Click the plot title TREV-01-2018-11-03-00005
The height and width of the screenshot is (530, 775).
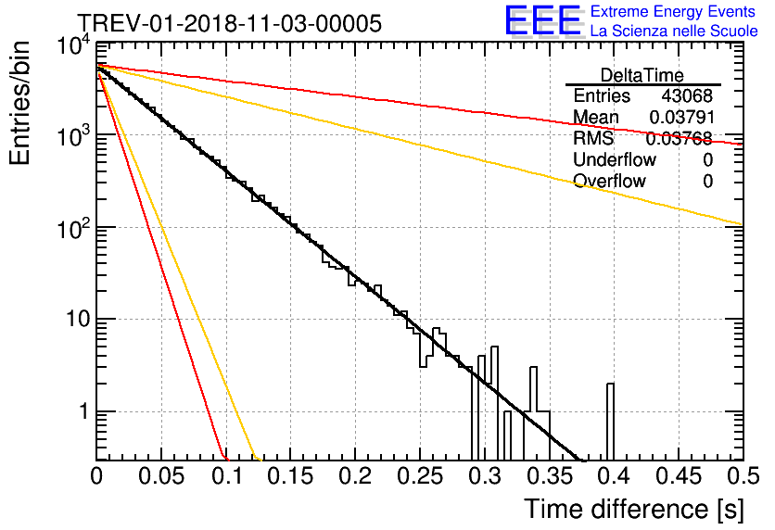click(x=230, y=23)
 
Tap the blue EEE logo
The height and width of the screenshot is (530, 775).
click(x=542, y=20)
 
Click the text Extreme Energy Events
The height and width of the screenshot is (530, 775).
click(x=673, y=11)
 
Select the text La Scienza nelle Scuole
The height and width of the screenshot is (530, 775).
click(x=674, y=31)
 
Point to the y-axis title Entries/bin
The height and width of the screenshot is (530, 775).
click(x=20, y=103)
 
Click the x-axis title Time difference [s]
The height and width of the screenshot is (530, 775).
click(x=634, y=509)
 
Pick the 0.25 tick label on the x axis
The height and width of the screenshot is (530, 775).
click(x=420, y=476)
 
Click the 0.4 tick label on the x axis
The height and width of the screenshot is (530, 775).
click(x=614, y=476)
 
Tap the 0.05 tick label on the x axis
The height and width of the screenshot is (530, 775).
click(x=161, y=476)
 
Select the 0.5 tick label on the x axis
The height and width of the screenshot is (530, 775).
click(x=743, y=476)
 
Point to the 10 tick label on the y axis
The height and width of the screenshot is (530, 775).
click(x=78, y=319)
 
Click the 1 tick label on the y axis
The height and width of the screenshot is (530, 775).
click(x=84, y=411)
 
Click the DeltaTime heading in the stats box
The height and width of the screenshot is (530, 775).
click(x=642, y=75)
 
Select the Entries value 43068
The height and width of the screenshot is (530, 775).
click(x=687, y=95)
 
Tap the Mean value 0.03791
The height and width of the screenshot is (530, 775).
click(x=682, y=117)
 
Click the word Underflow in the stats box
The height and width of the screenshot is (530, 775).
click(x=615, y=159)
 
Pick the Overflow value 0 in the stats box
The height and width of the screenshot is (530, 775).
click(x=707, y=182)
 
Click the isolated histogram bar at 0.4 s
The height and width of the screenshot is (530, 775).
click(x=610, y=422)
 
